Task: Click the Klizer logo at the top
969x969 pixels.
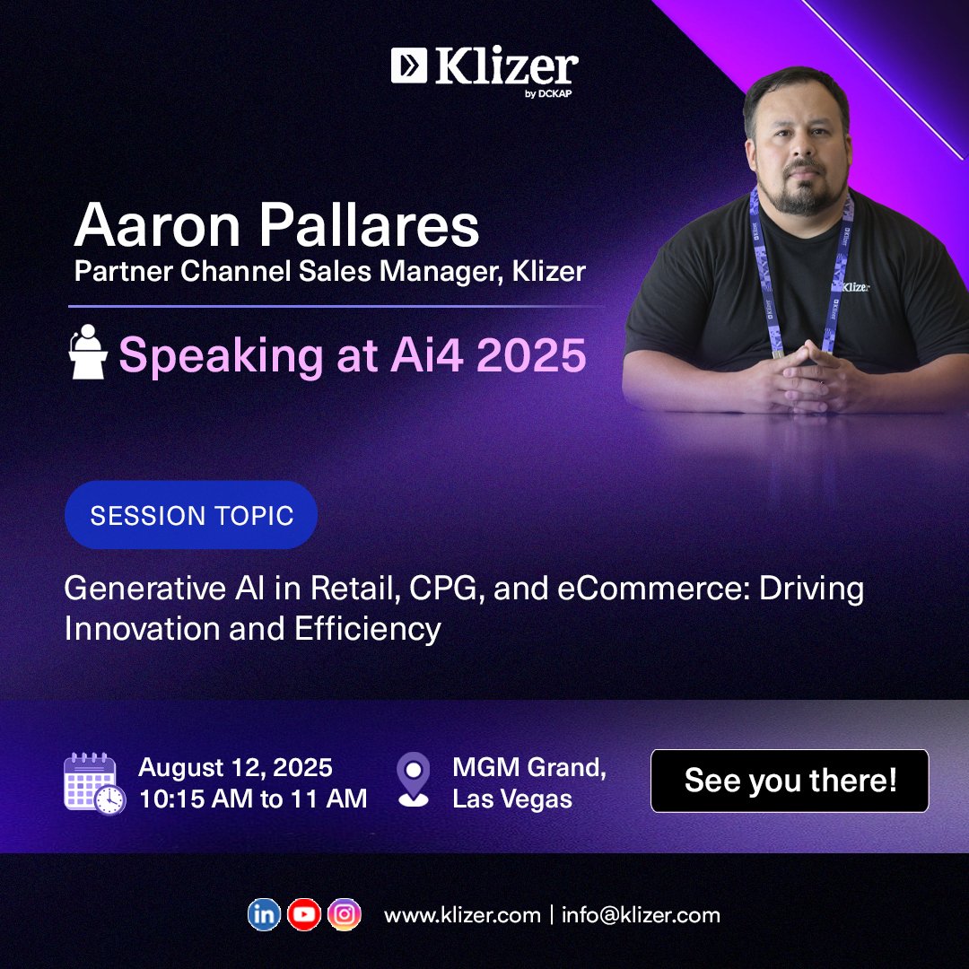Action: (x=484, y=70)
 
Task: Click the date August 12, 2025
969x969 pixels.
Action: (x=235, y=768)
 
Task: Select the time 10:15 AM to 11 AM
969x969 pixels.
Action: (x=253, y=799)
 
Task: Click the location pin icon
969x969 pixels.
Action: (x=413, y=780)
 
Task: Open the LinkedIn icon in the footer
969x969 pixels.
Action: (x=264, y=914)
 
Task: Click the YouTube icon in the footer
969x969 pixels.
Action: (x=304, y=914)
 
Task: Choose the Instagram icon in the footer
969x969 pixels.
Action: (x=344, y=914)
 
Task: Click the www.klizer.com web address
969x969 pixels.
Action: (x=462, y=915)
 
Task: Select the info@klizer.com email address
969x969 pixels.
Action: (x=641, y=915)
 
